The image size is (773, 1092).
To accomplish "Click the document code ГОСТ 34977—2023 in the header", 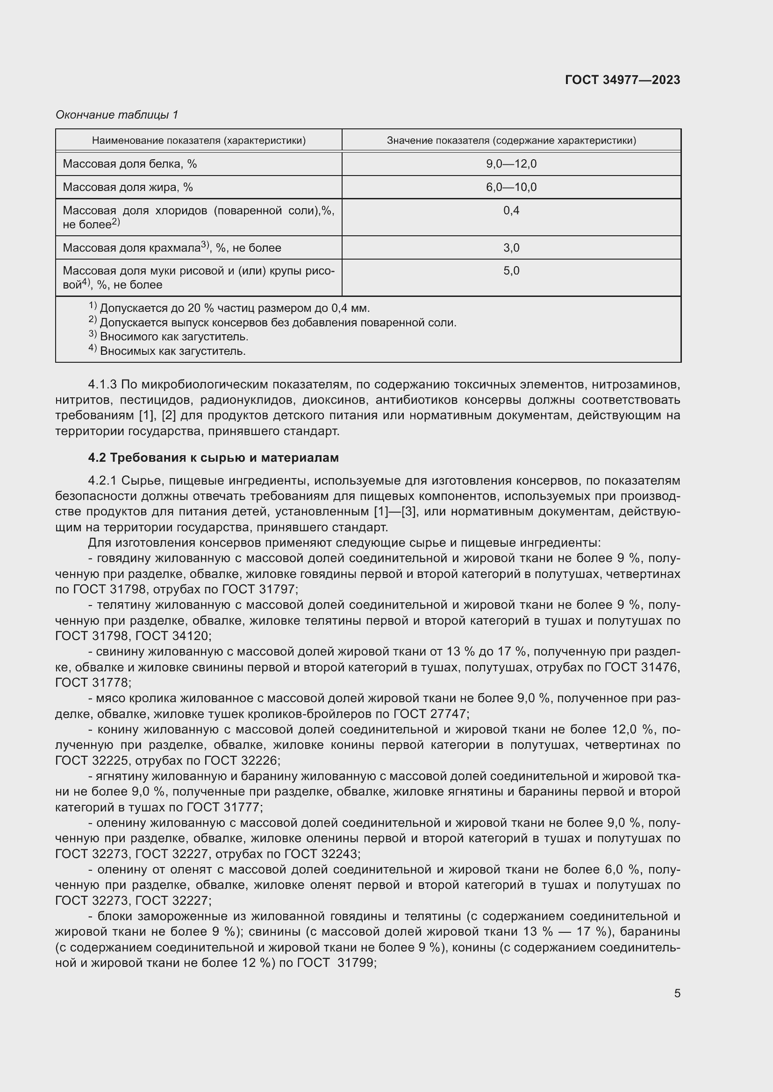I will click(x=622, y=80).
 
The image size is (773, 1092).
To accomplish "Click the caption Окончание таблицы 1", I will click(x=117, y=115).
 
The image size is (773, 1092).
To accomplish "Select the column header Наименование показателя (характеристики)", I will click(x=199, y=141).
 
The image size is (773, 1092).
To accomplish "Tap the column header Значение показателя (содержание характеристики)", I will click(x=511, y=141).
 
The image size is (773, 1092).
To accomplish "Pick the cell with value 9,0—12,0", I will click(x=511, y=164).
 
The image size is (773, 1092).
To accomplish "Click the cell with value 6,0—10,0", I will click(x=511, y=187).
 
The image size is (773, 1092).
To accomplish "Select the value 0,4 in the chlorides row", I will click(x=511, y=210).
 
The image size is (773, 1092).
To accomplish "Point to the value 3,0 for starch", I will click(x=511, y=248).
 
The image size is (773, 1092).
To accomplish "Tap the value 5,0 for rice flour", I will click(x=511, y=271).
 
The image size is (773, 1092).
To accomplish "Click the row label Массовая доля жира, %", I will click(x=128, y=187).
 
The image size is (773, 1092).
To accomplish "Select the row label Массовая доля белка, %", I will click(x=129, y=164).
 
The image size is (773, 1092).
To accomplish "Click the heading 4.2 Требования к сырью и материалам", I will click(x=213, y=458).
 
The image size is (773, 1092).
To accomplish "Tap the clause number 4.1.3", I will click(x=102, y=384).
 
